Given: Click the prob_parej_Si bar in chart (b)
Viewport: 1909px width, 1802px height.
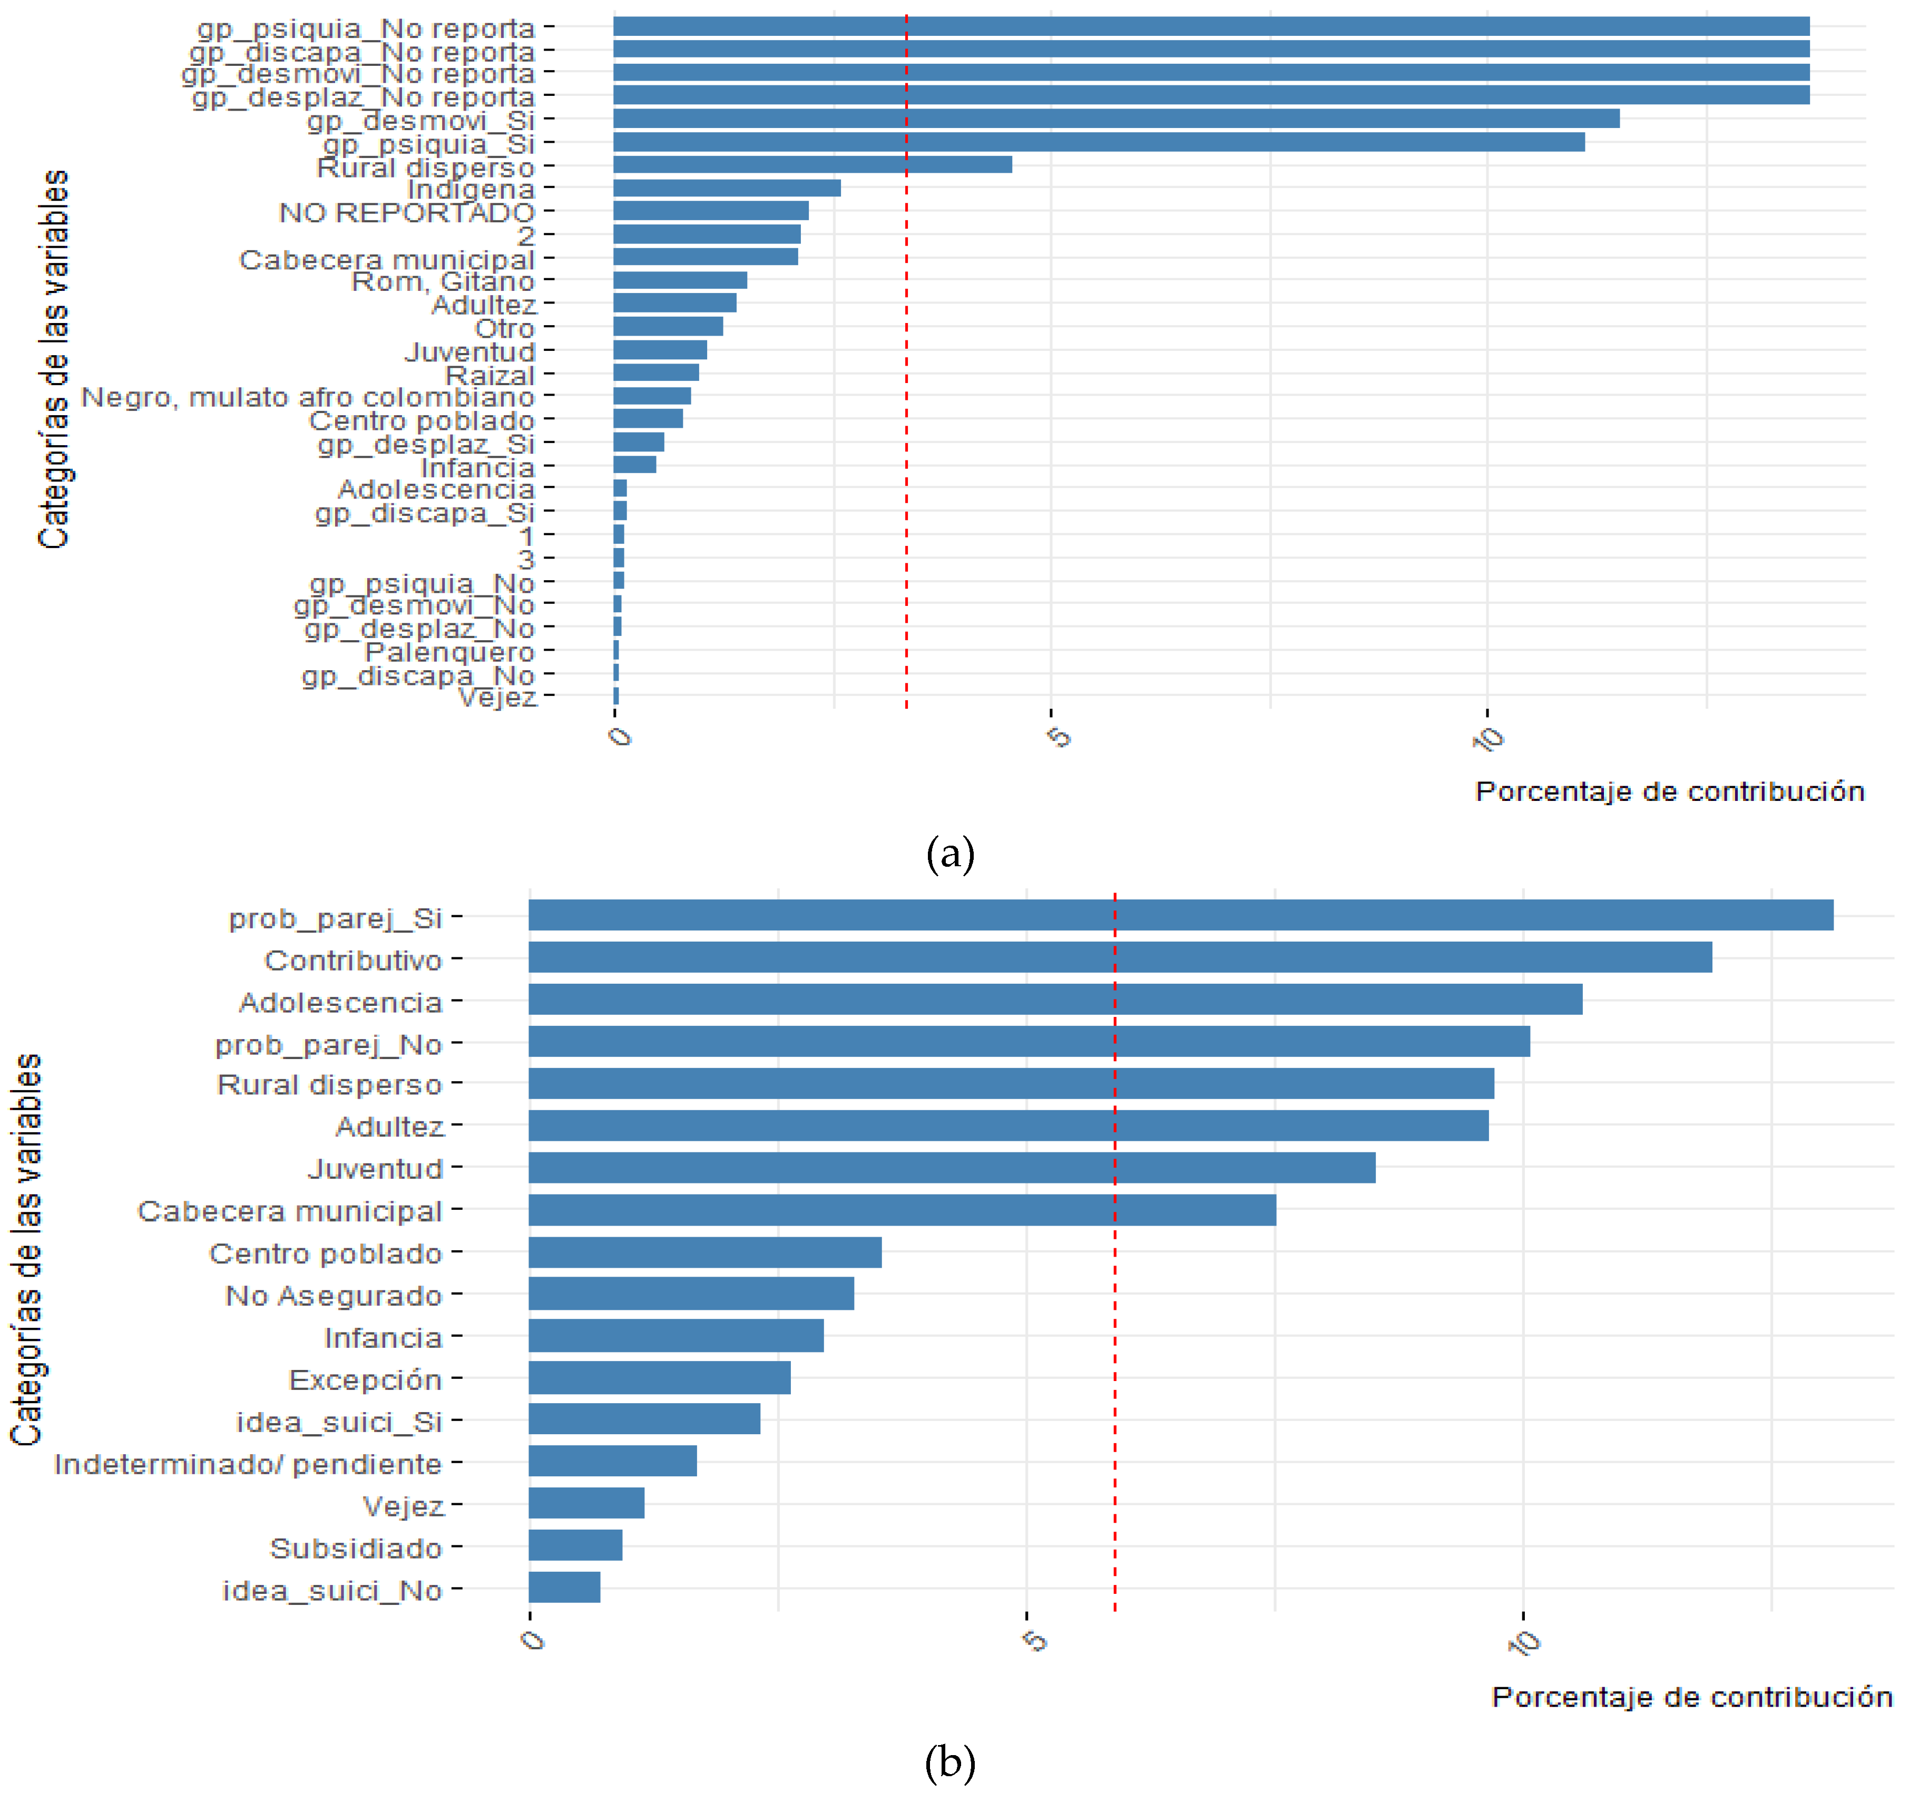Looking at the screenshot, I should (x=1180, y=915).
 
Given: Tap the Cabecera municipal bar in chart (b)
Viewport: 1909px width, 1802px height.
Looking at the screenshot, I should (x=901, y=1210).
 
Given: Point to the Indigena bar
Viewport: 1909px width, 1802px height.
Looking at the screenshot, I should (x=726, y=188).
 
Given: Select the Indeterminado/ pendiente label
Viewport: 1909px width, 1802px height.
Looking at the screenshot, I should (x=248, y=1464).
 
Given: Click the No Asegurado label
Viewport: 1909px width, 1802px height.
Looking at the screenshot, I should (x=334, y=1296).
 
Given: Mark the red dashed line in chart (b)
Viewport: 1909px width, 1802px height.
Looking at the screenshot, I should (x=1114, y=1345).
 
